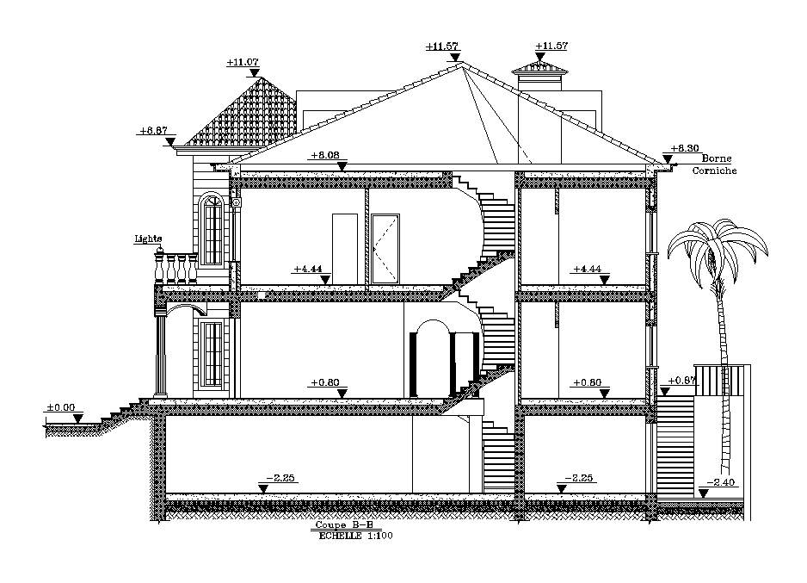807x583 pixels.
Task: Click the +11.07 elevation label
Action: [x=243, y=62]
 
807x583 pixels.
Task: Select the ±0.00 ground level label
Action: [x=61, y=407]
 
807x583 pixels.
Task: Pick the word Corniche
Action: [x=715, y=171]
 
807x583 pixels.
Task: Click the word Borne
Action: [x=716, y=158]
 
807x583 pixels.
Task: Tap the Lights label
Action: [x=148, y=239]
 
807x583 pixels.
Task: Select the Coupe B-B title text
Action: [x=343, y=525]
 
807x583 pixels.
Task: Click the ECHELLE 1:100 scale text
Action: [x=355, y=535]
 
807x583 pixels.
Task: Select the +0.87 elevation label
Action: [x=682, y=380]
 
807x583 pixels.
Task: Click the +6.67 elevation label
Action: [x=152, y=131]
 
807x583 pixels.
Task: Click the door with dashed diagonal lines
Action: [x=385, y=248]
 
